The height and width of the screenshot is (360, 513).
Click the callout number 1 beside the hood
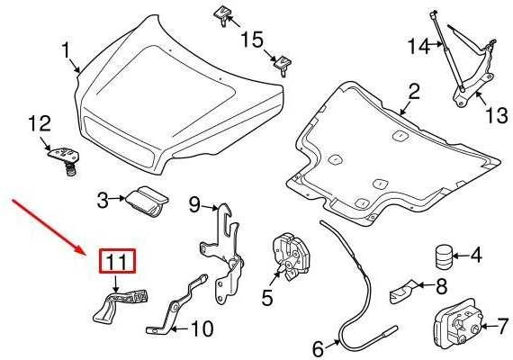tap(66, 50)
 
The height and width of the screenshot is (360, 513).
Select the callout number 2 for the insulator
tap(414, 92)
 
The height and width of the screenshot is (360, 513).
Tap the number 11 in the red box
tap(117, 262)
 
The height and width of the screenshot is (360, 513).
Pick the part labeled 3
tap(148, 202)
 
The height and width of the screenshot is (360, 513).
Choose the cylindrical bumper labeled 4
tap(444, 256)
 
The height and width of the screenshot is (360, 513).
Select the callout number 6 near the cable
tap(318, 348)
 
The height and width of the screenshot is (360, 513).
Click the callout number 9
tap(194, 204)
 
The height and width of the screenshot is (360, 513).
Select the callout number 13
tap(496, 115)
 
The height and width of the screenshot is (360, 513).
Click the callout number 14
tap(418, 46)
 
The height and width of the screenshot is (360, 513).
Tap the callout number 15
tap(252, 40)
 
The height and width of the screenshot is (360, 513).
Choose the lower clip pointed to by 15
tap(283, 66)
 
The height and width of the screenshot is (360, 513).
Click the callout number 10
tap(202, 328)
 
